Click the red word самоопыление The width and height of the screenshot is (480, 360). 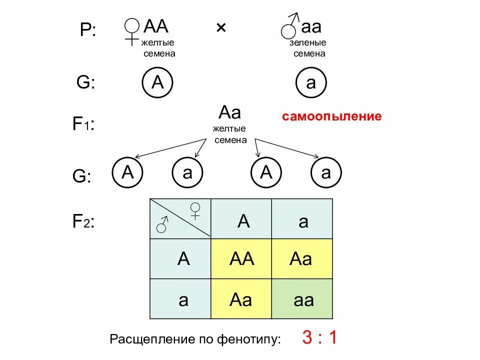tap(331, 117)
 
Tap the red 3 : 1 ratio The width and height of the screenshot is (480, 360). tap(319, 338)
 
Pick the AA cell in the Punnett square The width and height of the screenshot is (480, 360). tap(241, 259)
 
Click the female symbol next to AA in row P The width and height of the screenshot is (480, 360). tap(132, 31)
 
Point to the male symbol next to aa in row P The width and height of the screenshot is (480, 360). tap(290, 27)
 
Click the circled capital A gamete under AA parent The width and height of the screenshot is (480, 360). tap(157, 83)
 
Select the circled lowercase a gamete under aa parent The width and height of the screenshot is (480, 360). tap(311, 83)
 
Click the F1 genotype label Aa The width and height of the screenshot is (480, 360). tap(230, 112)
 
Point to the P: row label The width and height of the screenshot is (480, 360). tap(87, 31)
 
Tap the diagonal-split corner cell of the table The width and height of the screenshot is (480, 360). tap(180, 218)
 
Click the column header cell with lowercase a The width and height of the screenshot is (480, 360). tap(302, 220)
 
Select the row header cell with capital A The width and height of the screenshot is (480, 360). tap(183, 259)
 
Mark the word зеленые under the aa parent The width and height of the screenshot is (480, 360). tap(308, 43)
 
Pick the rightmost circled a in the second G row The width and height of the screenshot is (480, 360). tap(326, 173)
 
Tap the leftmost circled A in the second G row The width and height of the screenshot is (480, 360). tap(128, 173)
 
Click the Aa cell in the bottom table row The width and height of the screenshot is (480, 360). tap(241, 299)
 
